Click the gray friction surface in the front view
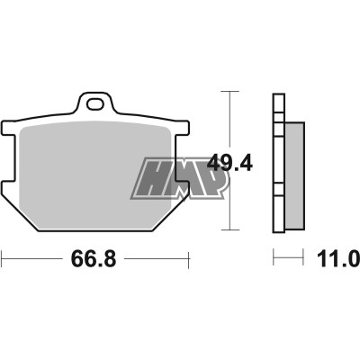coord(90,171)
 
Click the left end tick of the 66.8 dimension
coord(3,260)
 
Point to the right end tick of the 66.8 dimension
coord(190,260)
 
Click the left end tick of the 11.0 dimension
coord(274,260)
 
